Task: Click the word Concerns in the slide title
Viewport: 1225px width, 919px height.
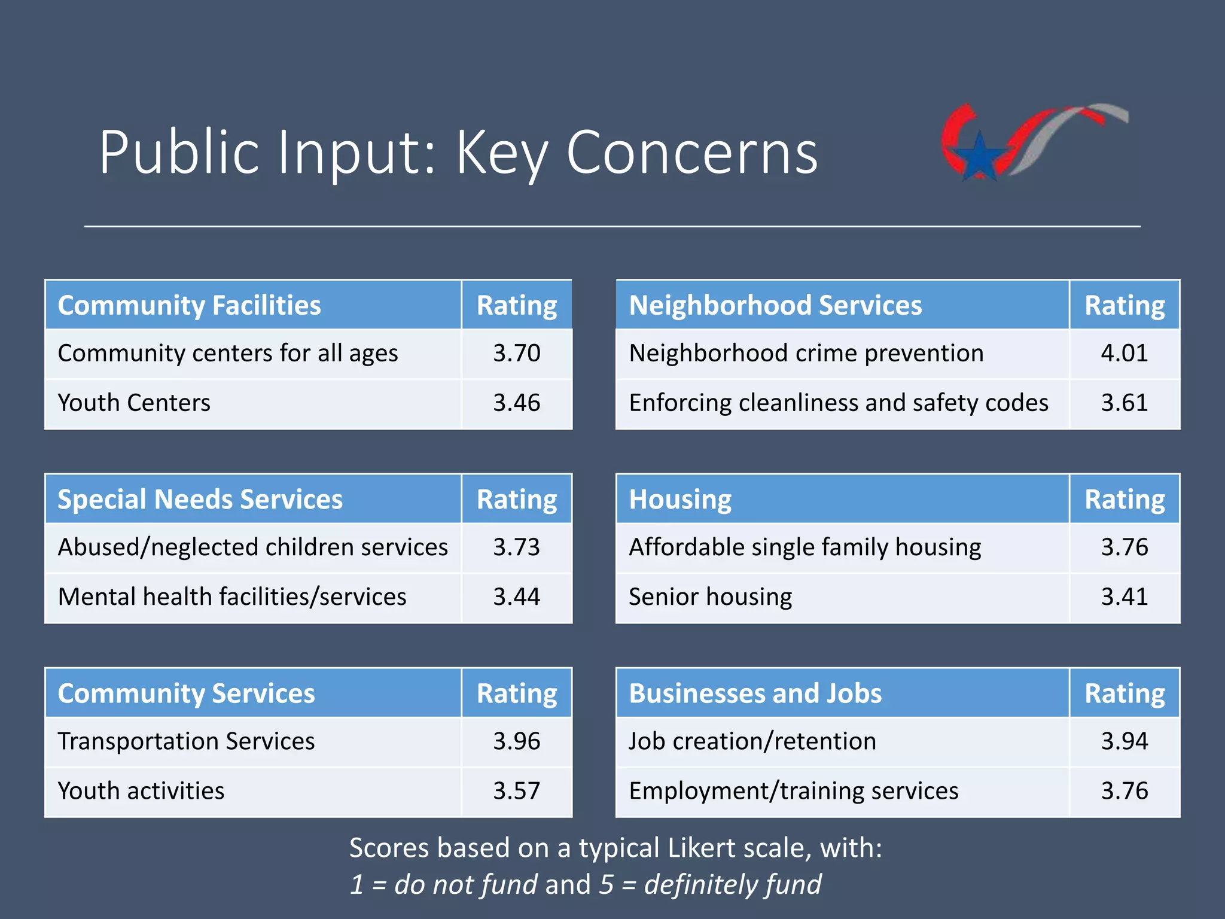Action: click(691, 153)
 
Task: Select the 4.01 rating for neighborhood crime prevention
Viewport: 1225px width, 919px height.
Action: click(1124, 353)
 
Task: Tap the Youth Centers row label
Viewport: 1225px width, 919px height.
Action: click(134, 403)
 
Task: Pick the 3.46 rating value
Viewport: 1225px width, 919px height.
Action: click(516, 403)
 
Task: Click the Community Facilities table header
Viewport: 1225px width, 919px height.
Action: click(189, 305)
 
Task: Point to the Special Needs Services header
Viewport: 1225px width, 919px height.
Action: click(200, 499)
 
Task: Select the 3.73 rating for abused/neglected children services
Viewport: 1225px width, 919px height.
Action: click(516, 547)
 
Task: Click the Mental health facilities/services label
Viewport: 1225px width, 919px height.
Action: click(232, 597)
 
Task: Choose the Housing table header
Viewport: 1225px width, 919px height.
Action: click(680, 499)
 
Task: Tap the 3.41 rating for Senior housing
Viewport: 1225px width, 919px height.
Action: click(1124, 597)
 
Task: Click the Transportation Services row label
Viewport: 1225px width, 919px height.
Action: click(186, 741)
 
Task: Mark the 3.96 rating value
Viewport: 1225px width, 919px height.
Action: click(516, 741)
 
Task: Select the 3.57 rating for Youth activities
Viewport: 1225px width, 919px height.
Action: click(516, 791)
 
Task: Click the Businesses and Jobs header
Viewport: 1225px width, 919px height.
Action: click(755, 693)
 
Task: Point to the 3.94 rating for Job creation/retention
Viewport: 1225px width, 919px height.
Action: click(1124, 741)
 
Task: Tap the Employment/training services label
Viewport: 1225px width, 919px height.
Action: click(793, 791)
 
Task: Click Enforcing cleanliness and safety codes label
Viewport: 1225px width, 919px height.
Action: click(838, 403)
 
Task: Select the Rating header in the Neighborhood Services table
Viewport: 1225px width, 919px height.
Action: click(1124, 305)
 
